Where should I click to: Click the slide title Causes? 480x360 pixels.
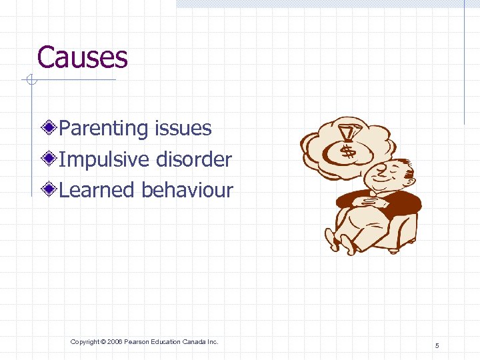(82, 57)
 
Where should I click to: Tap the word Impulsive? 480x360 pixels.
(105, 159)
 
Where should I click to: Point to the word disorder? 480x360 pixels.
(194, 159)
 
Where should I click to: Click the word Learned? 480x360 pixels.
(97, 190)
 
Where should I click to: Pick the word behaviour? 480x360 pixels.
(187, 190)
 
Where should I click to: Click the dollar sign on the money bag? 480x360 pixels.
(347, 151)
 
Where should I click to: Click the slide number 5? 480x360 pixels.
(437, 345)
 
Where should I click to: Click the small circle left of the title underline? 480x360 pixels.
(29, 81)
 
